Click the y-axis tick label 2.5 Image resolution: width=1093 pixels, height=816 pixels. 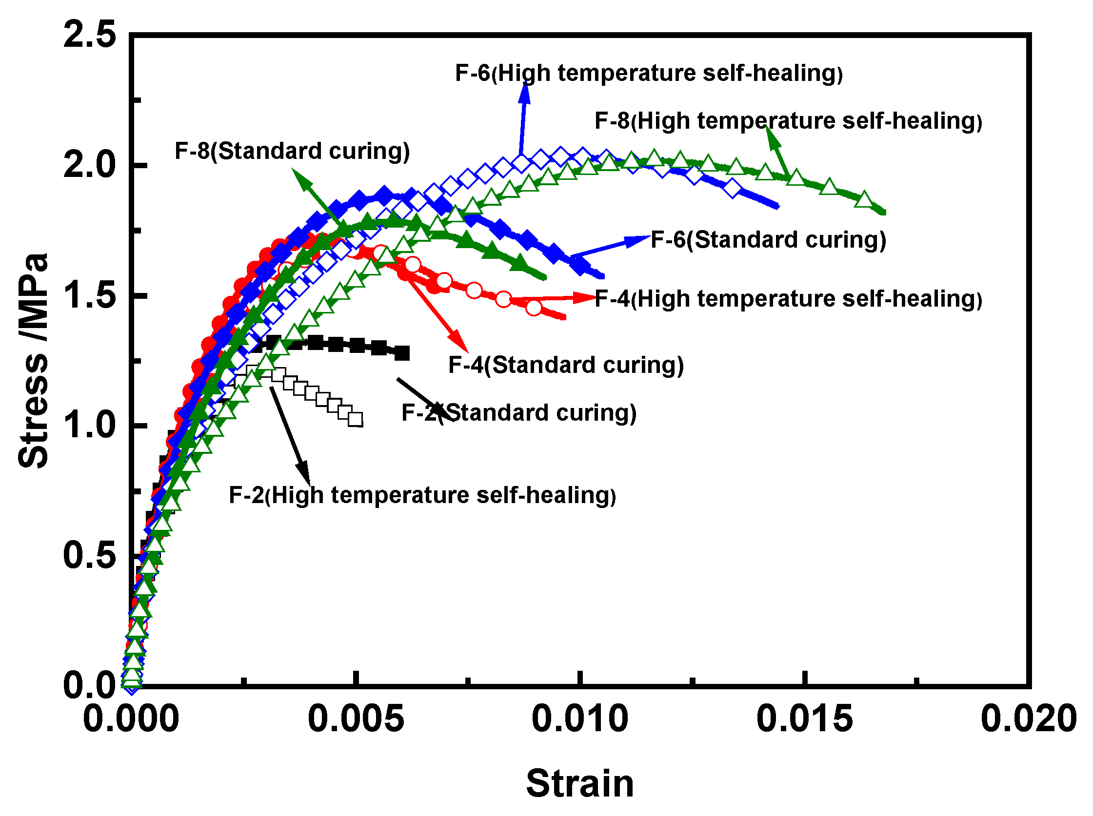coord(89,36)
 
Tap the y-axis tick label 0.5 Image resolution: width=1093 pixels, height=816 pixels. coord(89,555)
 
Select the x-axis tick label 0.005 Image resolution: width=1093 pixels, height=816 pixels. coord(356,719)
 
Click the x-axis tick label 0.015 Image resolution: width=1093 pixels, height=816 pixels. coord(805,719)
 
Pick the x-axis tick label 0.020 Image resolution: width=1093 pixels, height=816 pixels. coord(1028,719)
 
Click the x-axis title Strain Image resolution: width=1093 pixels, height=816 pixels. coord(580,784)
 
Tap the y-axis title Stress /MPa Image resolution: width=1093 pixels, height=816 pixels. coord(34,361)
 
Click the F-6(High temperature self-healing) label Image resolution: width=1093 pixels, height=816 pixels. coord(649,73)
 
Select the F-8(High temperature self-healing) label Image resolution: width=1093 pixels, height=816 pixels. coord(788,121)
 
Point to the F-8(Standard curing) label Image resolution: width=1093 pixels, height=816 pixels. coord(292,151)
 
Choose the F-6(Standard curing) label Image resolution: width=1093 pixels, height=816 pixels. coord(768,239)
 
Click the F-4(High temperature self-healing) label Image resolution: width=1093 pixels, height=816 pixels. coord(788,299)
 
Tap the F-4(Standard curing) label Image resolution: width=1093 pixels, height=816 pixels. coord(566,365)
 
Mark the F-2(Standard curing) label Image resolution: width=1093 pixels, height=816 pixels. coord(519,413)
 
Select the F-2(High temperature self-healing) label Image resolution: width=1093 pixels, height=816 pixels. coord(422,495)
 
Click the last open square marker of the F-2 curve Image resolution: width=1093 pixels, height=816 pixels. coord(356,420)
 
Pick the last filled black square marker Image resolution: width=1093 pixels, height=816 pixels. coord(403,354)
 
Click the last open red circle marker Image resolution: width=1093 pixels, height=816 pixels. coord(534,308)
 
